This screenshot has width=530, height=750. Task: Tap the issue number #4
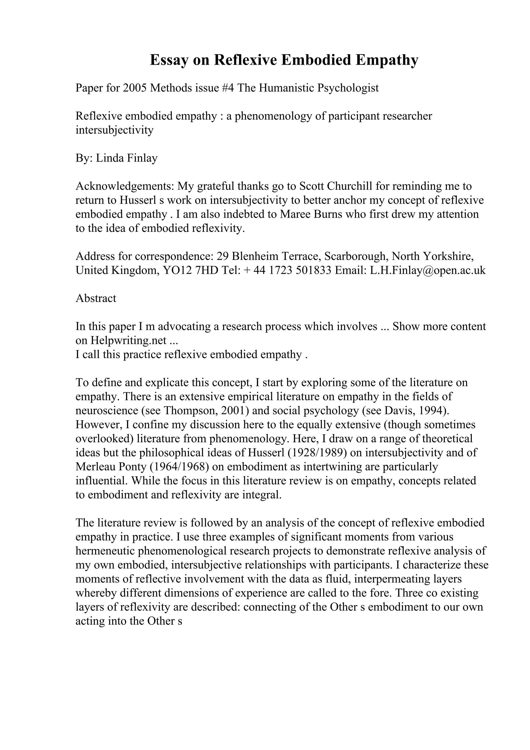coord(227,88)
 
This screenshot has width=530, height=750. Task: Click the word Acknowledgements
coord(125,186)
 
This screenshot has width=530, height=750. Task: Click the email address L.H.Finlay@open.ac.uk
coord(428,270)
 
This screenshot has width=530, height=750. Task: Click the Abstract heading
coord(96,298)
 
